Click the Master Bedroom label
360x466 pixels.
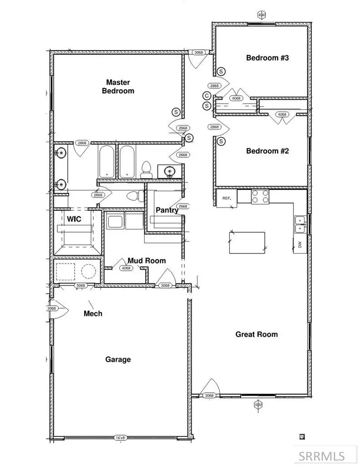(x=118, y=86)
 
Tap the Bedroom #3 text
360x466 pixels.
(x=268, y=58)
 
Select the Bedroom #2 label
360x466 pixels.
(x=268, y=151)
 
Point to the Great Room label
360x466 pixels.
(x=256, y=334)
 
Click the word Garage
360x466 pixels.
(x=118, y=360)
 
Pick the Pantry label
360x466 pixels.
(x=167, y=210)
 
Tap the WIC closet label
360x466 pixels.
(x=74, y=219)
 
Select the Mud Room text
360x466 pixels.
(x=146, y=261)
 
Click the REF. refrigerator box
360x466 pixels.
(x=227, y=199)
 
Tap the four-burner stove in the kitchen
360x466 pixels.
(x=260, y=197)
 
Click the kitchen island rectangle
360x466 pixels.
(x=247, y=243)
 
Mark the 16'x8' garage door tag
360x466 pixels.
(x=121, y=438)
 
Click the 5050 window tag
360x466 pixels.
(x=258, y=404)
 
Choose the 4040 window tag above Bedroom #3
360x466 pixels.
(x=262, y=15)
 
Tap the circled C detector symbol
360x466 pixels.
(x=207, y=96)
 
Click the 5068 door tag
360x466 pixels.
(x=80, y=286)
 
